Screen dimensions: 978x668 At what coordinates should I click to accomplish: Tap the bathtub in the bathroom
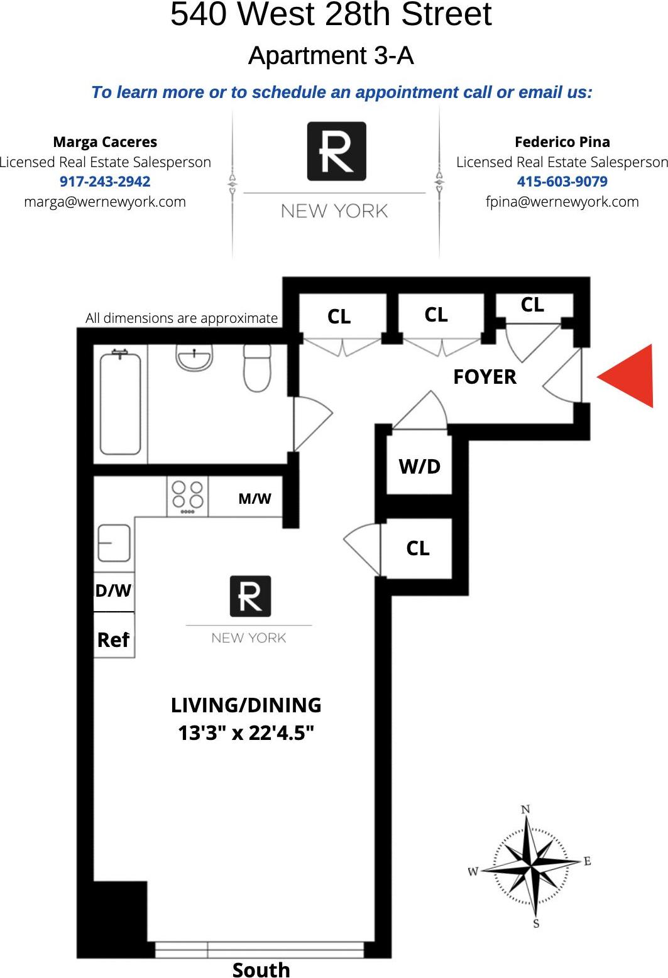pos(120,402)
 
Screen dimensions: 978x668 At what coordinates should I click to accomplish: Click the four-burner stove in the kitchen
pos(188,496)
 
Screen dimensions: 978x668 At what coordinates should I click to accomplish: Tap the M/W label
pos(255,499)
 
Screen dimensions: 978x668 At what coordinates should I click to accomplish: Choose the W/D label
pos(419,466)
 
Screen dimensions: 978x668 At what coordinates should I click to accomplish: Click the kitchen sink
pos(114,543)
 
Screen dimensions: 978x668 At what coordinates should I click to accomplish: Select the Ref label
pos(113,640)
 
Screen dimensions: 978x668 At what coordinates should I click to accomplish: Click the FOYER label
pos(485,377)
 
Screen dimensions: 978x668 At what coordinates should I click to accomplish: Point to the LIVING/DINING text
pos(246,705)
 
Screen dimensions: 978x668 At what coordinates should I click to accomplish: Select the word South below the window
pos(261,969)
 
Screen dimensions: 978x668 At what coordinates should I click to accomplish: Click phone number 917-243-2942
pos(105,182)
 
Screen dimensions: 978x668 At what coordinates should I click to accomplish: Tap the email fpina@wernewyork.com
pos(562,202)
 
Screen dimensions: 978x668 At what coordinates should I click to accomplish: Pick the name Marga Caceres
pos(105,142)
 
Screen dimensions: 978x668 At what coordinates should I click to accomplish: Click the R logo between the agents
pos(336,151)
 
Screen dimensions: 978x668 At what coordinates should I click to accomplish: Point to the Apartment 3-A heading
pos(331,56)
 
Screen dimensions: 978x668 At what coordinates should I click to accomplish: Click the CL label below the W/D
pos(418,548)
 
